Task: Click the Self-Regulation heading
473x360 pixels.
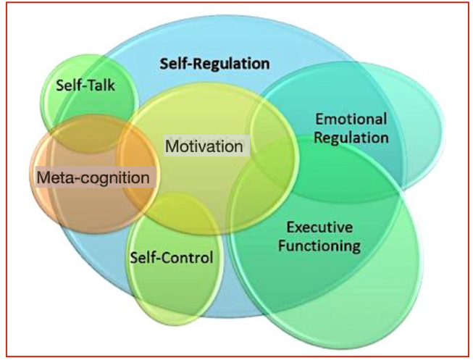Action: (214, 62)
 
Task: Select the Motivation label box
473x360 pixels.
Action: (204, 146)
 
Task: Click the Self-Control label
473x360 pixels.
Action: (171, 257)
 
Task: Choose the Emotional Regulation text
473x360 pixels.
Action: (352, 127)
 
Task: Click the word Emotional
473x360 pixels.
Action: (352, 118)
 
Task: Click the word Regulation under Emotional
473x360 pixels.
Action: (352, 136)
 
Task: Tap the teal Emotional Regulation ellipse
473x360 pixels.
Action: (406, 109)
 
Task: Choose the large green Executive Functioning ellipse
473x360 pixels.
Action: (326, 290)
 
